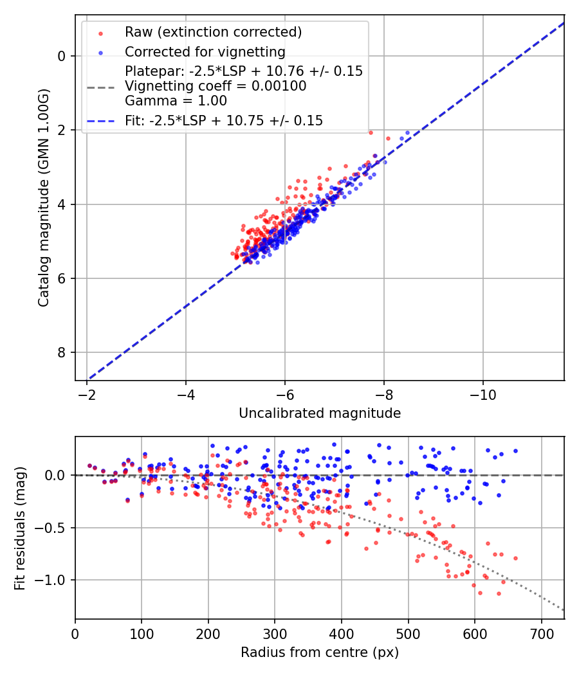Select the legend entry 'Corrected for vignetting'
coord(205,51)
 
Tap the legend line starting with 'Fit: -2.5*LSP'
coord(224,120)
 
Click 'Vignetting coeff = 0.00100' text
coord(216,85)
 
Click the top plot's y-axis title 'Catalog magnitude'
coord(44,198)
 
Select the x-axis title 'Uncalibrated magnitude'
coord(320,413)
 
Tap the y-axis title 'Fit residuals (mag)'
coord(19,528)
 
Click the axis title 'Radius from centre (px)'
coord(320,652)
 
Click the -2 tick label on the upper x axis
coord(87,393)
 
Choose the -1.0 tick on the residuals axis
coord(53,580)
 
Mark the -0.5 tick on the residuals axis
coord(53,528)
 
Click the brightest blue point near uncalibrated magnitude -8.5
coord(407,133)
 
